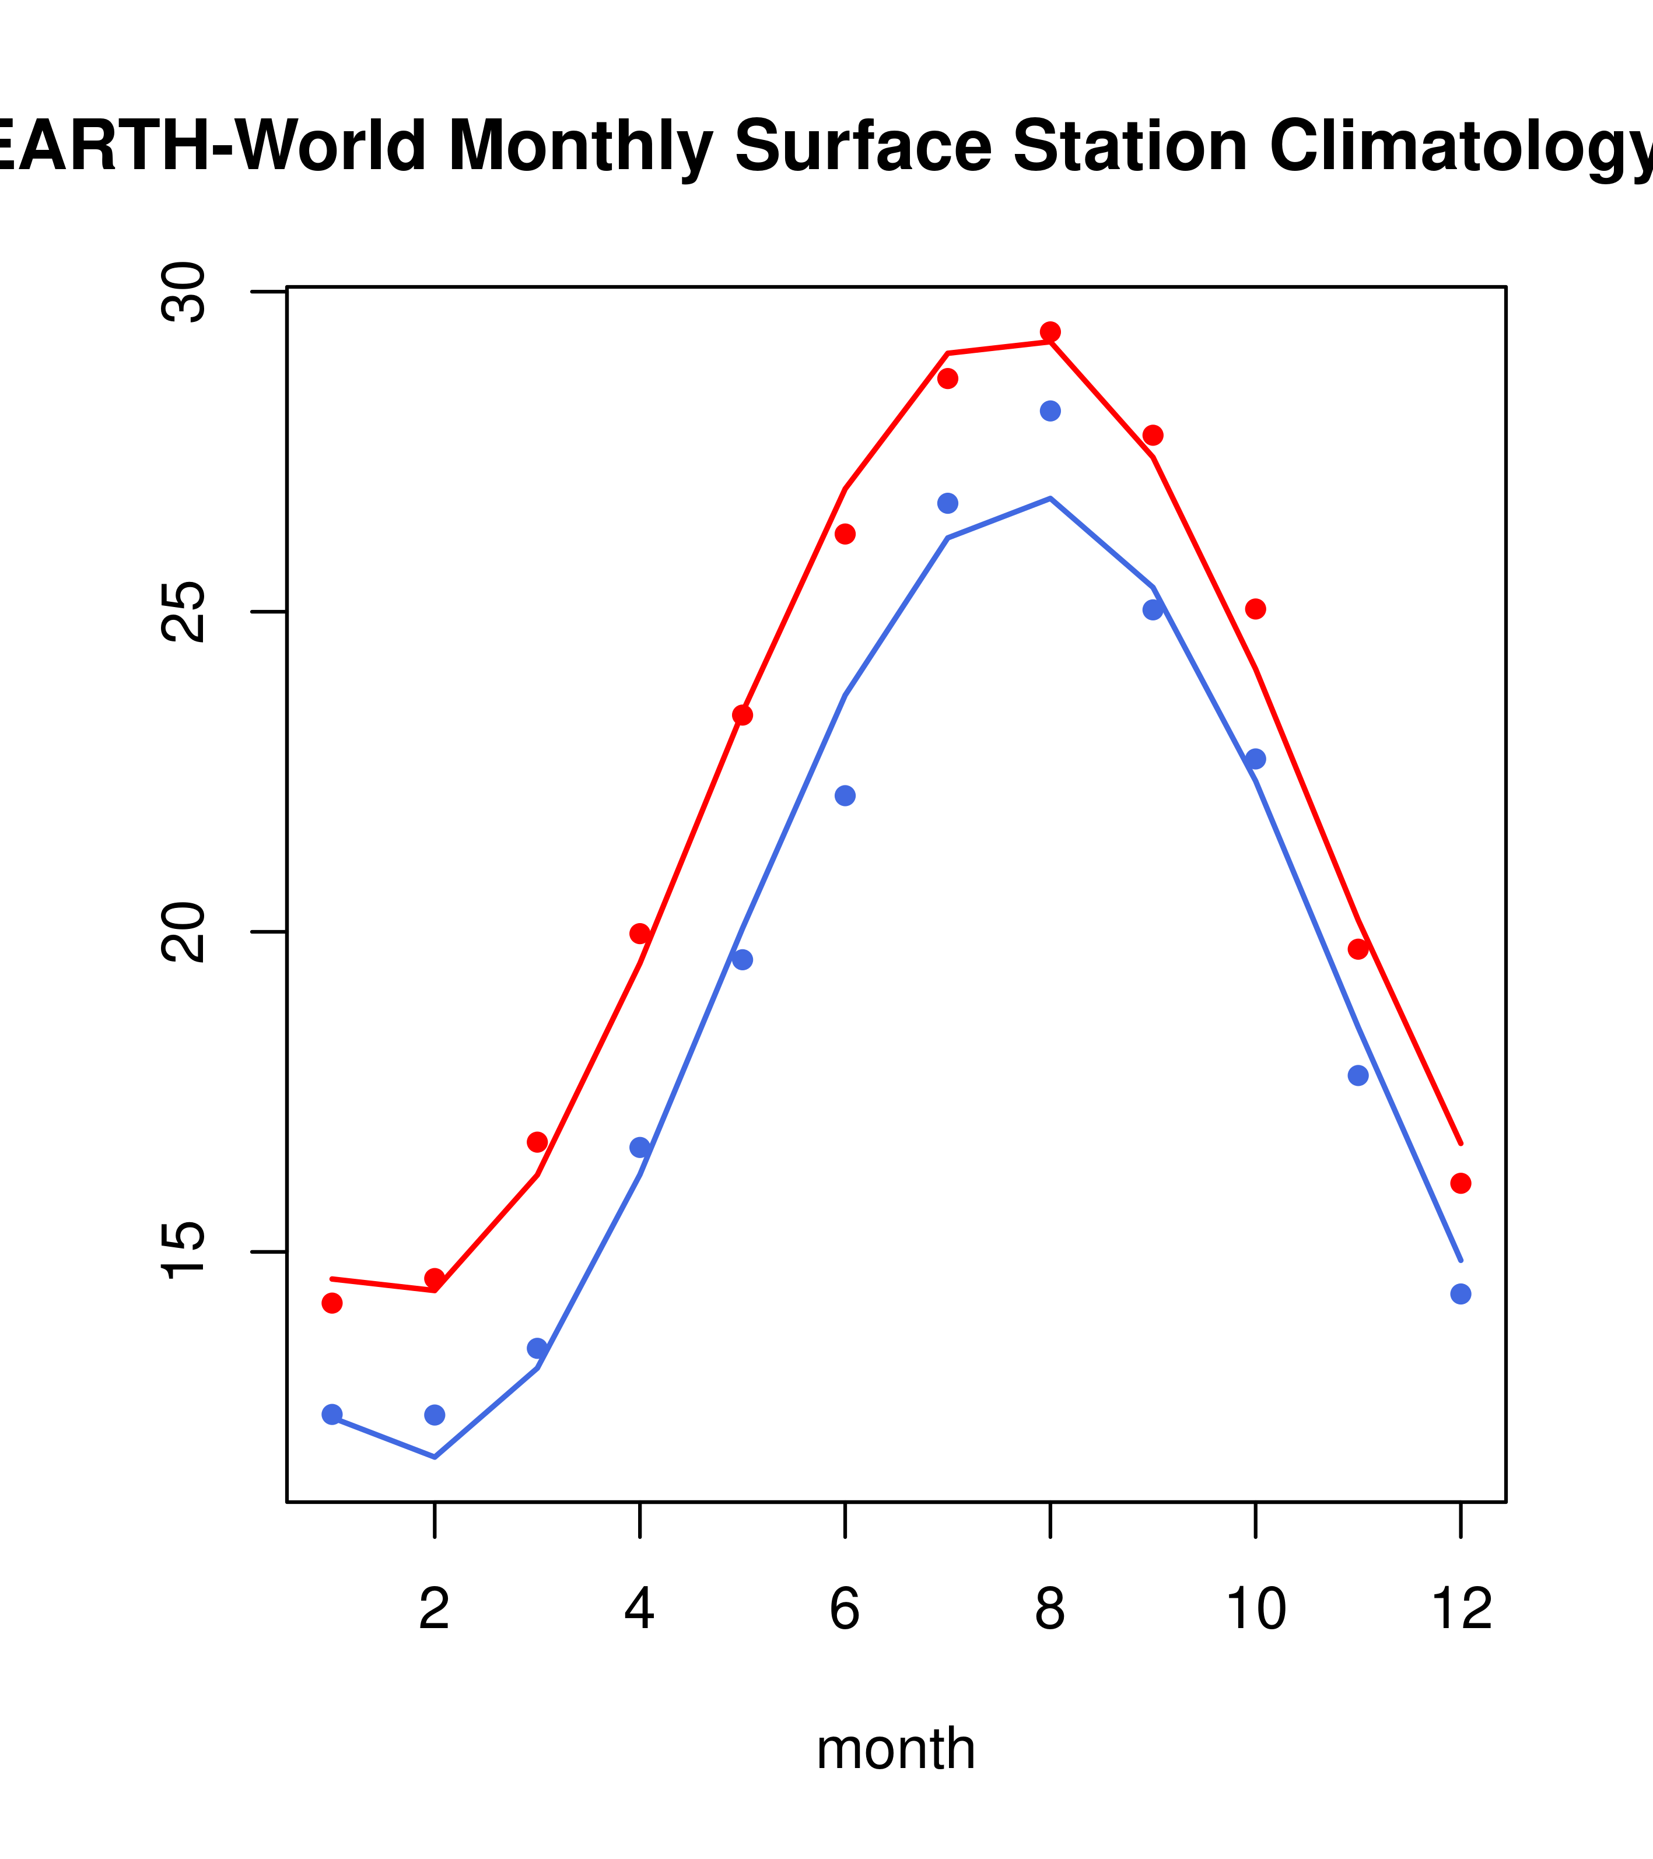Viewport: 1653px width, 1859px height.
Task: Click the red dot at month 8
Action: click(x=1050, y=332)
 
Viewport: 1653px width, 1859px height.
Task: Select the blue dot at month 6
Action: click(x=845, y=796)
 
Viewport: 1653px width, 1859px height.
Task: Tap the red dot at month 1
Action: click(x=332, y=1303)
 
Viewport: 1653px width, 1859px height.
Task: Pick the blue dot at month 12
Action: click(x=1460, y=1294)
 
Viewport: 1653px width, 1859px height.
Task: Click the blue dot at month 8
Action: click(x=1050, y=411)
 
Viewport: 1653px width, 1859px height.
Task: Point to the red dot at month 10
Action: click(x=1255, y=609)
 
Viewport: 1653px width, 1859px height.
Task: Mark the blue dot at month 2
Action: click(x=435, y=1415)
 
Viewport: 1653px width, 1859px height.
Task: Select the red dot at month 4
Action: click(x=640, y=934)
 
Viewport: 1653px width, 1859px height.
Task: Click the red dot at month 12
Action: click(x=1460, y=1183)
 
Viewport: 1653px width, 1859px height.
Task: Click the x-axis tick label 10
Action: click(x=1255, y=1610)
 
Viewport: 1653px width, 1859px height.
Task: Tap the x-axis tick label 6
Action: click(x=845, y=1610)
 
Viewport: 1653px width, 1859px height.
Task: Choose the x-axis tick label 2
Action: click(x=435, y=1610)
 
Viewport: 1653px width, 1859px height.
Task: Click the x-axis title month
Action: click(x=896, y=1749)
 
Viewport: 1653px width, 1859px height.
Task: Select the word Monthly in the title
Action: click(x=580, y=148)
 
